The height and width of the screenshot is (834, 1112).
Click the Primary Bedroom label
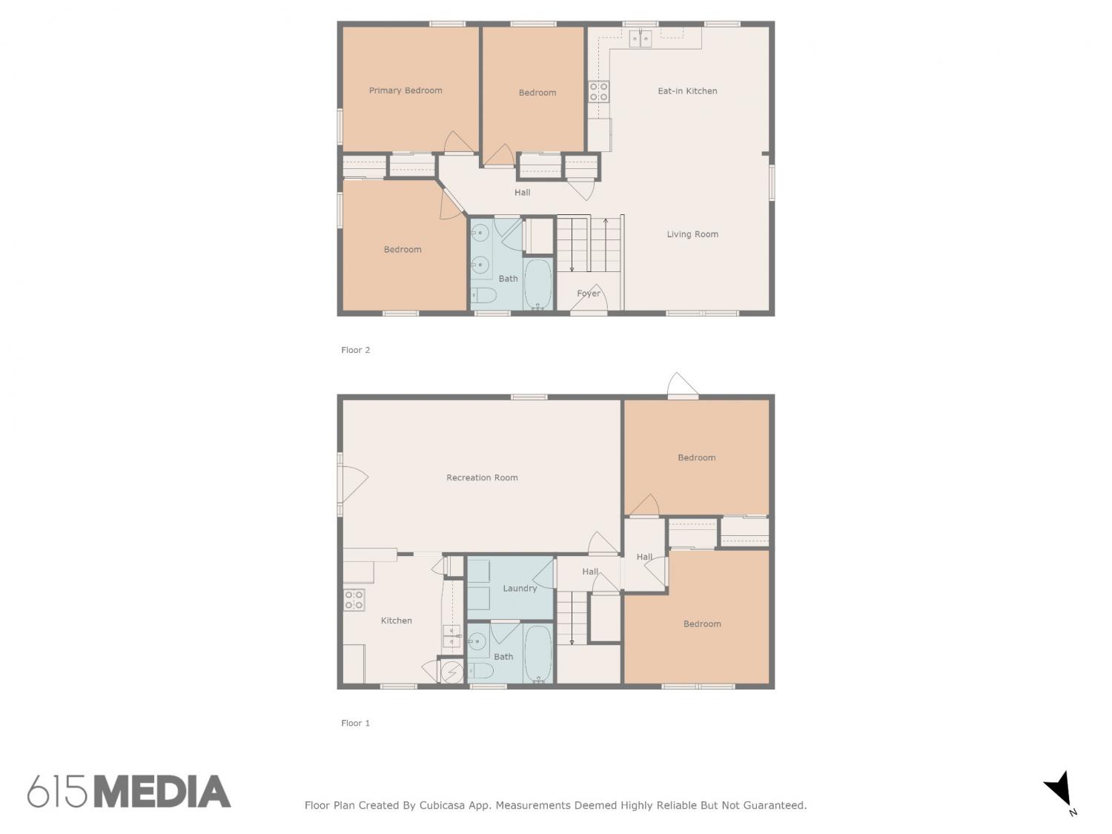[x=406, y=90]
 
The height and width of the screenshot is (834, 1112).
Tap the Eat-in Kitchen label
[x=687, y=91]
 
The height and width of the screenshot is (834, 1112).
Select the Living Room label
[x=692, y=234]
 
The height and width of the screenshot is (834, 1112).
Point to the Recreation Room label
[x=482, y=477]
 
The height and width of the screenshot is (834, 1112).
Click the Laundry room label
[x=519, y=589]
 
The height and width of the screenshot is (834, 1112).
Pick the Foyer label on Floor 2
[x=588, y=293]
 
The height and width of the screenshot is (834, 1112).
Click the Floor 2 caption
[x=356, y=350]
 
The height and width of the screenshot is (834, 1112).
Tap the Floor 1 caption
[x=356, y=723]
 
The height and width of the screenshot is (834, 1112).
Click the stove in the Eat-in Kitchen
[x=598, y=92]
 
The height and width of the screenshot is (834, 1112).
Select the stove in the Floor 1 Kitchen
[x=354, y=600]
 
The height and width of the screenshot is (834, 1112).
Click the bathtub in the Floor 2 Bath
[x=537, y=284]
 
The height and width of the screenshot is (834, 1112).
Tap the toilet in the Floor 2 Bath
[x=484, y=296]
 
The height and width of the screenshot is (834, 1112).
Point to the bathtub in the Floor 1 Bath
[x=537, y=654]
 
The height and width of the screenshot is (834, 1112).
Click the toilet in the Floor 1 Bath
[x=480, y=671]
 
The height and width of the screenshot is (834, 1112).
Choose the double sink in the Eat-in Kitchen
[x=641, y=39]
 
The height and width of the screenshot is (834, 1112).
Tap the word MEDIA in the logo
[x=163, y=791]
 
